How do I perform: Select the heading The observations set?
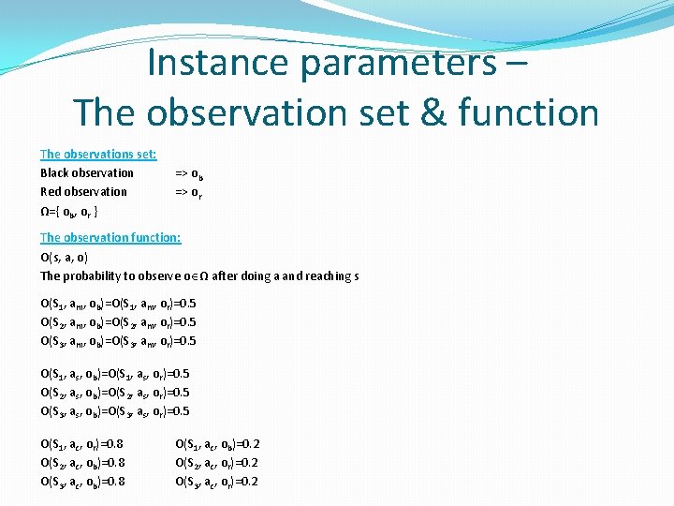(98, 154)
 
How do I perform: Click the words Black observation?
(87, 172)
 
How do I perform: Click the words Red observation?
(83, 191)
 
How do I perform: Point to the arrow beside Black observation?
(182, 173)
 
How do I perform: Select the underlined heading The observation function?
(110, 237)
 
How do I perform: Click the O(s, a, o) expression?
(65, 257)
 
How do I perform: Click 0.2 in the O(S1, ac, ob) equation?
(250, 444)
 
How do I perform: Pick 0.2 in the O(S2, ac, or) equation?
(249, 463)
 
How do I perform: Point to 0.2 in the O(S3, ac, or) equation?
(249, 482)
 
